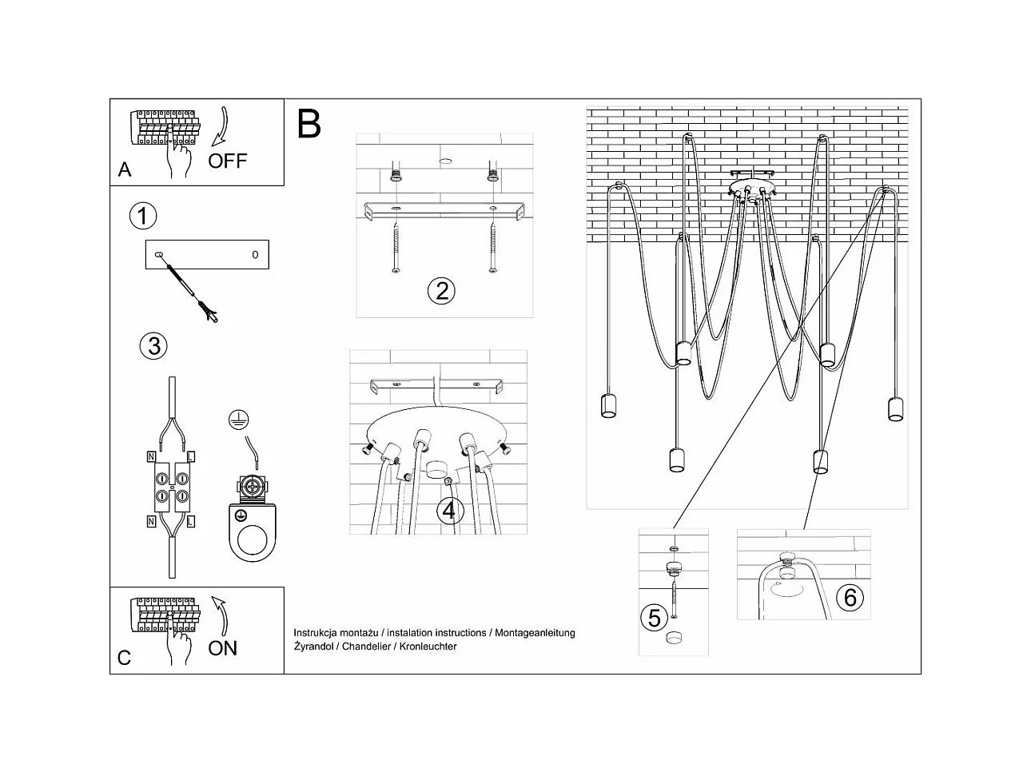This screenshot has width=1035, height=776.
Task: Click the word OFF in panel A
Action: (228, 161)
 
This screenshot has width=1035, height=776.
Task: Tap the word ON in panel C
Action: (222, 647)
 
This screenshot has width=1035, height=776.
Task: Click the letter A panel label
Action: (125, 169)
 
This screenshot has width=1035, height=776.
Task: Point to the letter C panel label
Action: (124, 658)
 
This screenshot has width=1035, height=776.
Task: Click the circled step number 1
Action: (143, 216)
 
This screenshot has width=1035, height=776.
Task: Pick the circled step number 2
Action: (440, 291)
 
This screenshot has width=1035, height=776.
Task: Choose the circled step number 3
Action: (153, 346)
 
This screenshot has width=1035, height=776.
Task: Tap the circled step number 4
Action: (450, 510)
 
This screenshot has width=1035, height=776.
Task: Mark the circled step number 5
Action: (655, 618)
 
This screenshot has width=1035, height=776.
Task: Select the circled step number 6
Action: (850, 597)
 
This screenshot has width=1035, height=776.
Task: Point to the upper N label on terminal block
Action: (151, 457)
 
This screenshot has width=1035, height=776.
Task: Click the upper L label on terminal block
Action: (191, 457)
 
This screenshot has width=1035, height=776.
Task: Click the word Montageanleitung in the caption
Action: (535, 633)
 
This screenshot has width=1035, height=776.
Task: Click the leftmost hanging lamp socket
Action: (610, 406)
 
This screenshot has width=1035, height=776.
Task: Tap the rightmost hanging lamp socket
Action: (895, 408)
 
